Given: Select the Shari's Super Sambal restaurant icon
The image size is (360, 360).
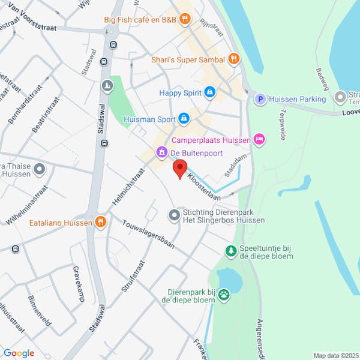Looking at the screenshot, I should tap(233, 59).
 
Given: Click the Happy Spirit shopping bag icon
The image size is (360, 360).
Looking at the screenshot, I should tap(209, 92).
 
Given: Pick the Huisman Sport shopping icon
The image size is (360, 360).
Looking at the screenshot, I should tap(184, 119).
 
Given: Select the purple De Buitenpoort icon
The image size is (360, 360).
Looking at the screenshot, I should tap(161, 153).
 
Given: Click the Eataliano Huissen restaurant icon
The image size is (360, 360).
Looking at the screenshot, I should tap(101, 223).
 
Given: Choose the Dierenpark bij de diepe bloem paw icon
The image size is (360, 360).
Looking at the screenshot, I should tap(224, 294).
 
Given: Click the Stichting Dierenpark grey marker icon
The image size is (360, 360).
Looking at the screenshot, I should tap(174, 214).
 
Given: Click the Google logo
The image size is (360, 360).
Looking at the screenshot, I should tap(19, 353).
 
